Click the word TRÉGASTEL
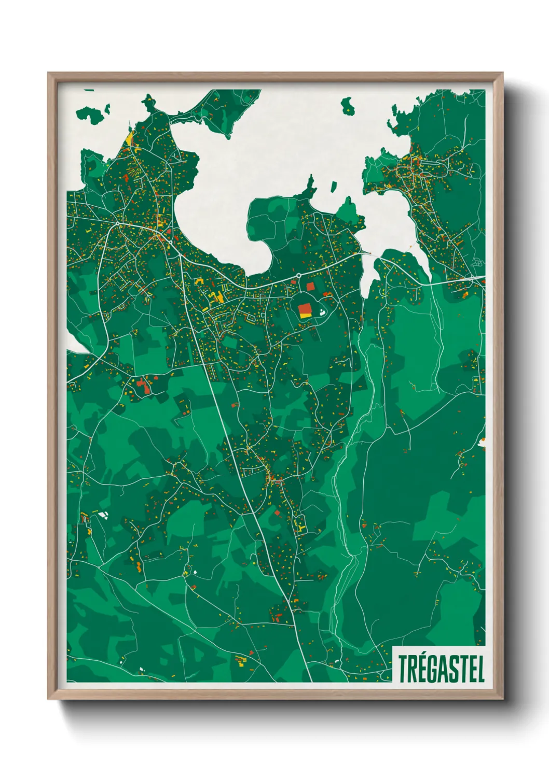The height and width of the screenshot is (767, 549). (x=441, y=669)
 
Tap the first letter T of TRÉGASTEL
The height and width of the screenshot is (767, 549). (x=403, y=669)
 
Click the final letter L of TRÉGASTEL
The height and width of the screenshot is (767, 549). (x=481, y=669)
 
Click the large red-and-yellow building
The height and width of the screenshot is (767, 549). (x=305, y=310)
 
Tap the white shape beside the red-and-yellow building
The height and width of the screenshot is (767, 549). (x=322, y=312)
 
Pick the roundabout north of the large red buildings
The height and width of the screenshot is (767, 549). (x=299, y=275)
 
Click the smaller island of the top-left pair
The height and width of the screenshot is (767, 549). (x=107, y=109)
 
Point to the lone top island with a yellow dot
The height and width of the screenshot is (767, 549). (x=348, y=106)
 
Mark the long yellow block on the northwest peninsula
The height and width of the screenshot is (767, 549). (x=129, y=138)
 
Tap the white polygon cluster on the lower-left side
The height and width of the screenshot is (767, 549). (x=103, y=515)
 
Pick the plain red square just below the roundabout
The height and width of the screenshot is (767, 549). (x=310, y=286)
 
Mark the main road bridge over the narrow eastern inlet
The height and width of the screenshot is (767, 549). (x=369, y=254)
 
